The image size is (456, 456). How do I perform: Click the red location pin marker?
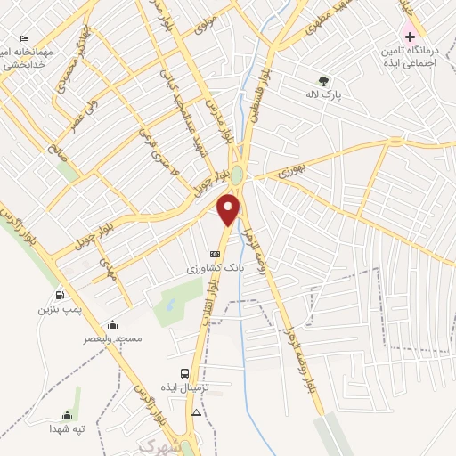tap(230, 209)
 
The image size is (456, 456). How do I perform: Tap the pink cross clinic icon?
tap(410, 37)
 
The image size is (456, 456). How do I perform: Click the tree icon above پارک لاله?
tap(322, 81)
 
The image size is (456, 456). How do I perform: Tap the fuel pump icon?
tap(60, 296)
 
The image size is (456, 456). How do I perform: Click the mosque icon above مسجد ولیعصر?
tap(112, 324)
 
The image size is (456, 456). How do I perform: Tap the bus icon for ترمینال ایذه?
tap(184, 374)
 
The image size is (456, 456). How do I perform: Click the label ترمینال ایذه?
tap(190, 388)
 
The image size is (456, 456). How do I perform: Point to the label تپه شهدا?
tap(66, 428)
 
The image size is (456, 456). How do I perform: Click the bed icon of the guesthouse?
tap(24, 39)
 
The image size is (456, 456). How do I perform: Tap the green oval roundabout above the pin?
tap(237, 174)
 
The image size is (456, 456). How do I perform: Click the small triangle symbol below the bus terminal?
tap(196, 413)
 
